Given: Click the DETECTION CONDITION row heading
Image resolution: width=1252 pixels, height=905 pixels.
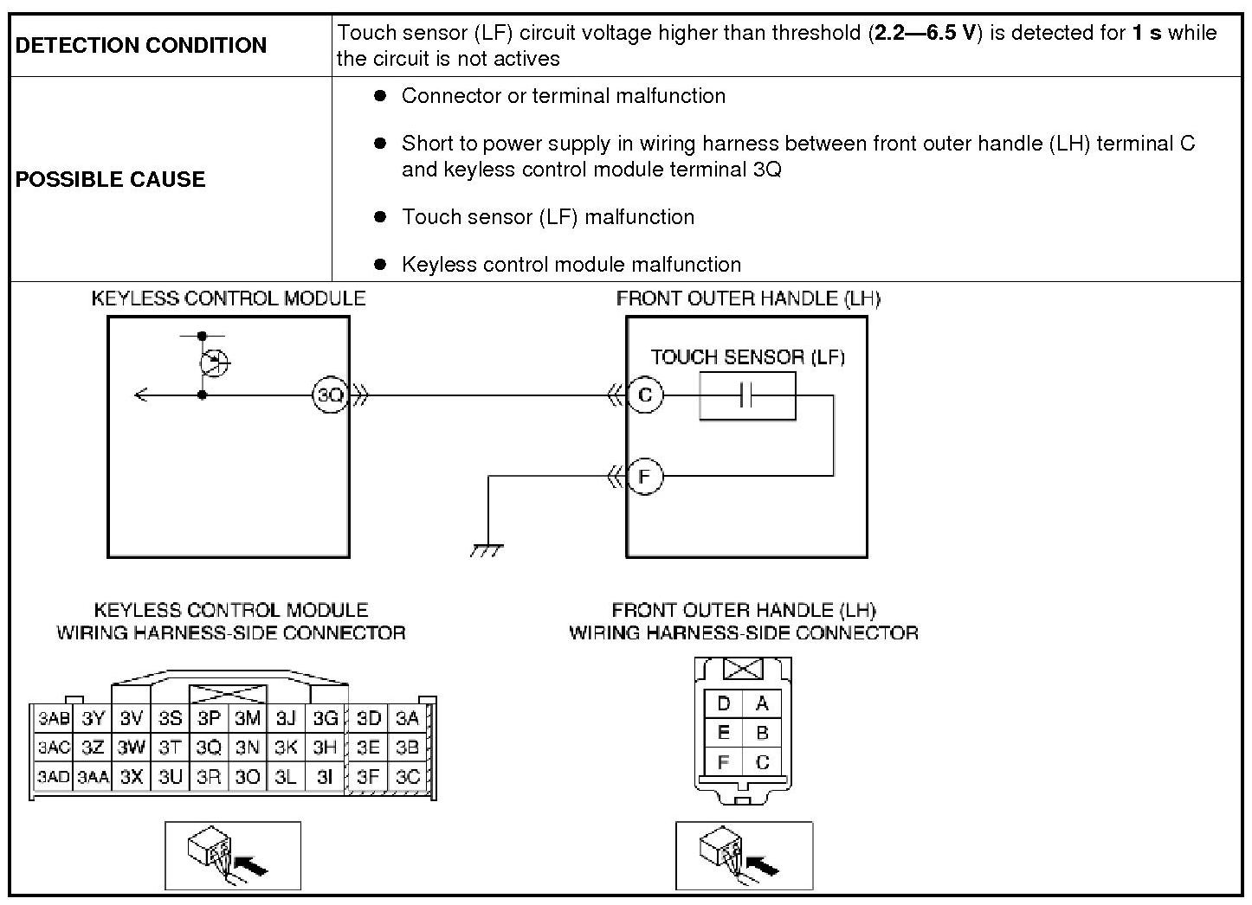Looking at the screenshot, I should click(141, 45).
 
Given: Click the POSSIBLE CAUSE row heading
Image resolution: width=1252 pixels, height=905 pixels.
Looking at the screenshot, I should click(111, 179).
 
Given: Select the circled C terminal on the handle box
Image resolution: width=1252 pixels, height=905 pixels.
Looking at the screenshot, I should click(644, 395).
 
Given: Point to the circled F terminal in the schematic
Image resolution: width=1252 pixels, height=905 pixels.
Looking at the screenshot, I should click(644, 476).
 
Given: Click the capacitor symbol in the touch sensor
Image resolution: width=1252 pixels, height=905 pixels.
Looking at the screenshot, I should click(747, 396).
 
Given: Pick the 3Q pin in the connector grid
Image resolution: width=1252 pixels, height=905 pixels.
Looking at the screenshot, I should click(209, 748).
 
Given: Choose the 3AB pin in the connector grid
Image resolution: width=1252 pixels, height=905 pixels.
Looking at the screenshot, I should click(54, 718).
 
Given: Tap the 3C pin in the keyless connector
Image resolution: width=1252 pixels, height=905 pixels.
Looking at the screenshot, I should click(407, 777).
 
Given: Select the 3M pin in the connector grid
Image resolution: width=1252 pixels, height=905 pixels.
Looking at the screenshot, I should click(248, 718).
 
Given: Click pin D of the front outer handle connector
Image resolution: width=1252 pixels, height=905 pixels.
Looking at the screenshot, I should click(724, 703).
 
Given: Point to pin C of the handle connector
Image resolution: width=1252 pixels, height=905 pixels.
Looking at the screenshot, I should click(762, 762).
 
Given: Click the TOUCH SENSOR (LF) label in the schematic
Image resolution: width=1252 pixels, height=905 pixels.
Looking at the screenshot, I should click(747, 356).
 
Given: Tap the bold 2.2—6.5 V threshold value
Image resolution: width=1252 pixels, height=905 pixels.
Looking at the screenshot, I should click(925, 34).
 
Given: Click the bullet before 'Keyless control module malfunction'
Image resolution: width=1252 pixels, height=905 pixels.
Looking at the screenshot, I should click(379, 264).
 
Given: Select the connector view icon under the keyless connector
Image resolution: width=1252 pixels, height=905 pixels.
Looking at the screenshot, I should click(233, 855).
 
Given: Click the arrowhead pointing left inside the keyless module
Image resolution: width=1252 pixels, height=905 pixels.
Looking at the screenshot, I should click(141, 395).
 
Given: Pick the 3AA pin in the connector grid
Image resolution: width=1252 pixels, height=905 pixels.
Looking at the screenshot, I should click(93, 777).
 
